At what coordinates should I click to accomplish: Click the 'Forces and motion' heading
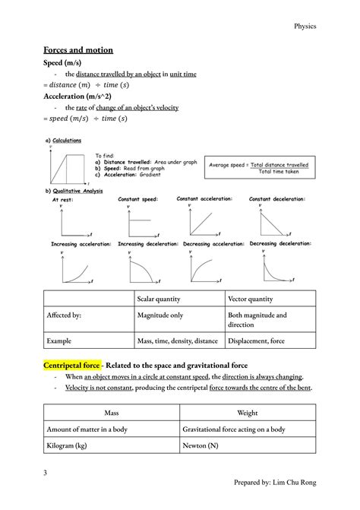tap(78, 50)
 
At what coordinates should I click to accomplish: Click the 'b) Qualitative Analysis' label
tap(79, 192)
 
